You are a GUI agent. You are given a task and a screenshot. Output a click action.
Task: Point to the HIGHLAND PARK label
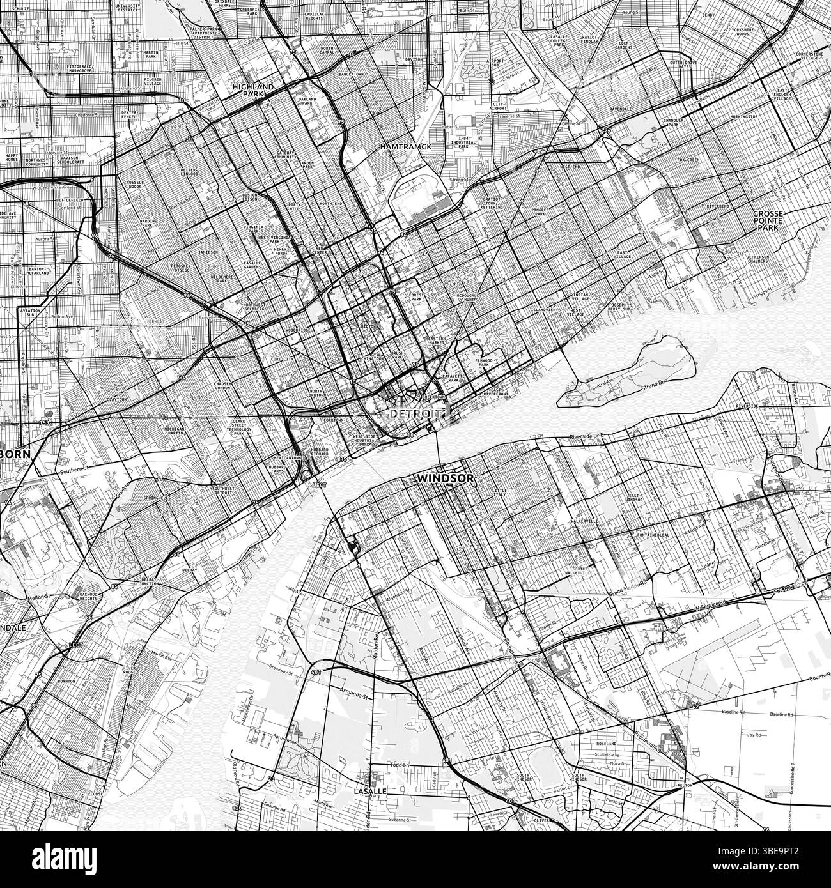253,89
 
